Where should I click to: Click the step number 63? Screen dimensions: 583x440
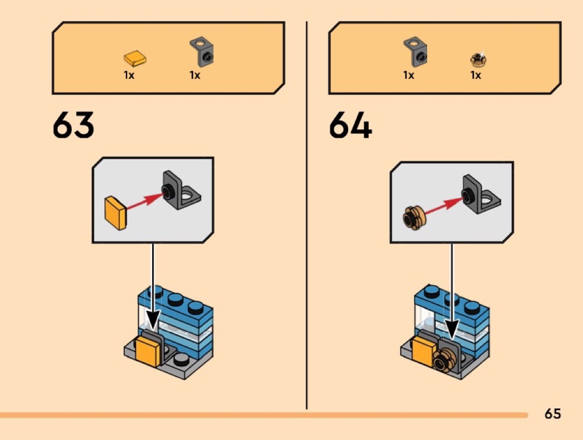tap(73, 125)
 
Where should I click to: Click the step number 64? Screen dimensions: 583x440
tap(350, 125)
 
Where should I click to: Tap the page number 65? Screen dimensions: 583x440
tap(552, 413)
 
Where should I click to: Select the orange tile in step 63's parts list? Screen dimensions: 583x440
tap(134, 59)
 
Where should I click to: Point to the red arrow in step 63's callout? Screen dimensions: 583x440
tap(145, 201)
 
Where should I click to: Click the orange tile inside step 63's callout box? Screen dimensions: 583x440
tap(116, 213)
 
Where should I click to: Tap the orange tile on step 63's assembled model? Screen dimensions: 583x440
tap(148, 351)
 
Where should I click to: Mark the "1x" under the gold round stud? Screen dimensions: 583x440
tap(475, 75)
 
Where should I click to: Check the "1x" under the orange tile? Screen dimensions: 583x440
tap(129, 75)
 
